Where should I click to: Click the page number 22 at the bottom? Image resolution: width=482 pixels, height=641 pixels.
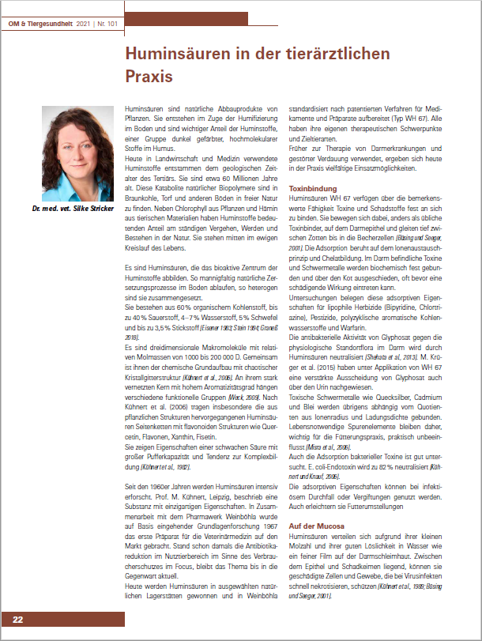[17, 619]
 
